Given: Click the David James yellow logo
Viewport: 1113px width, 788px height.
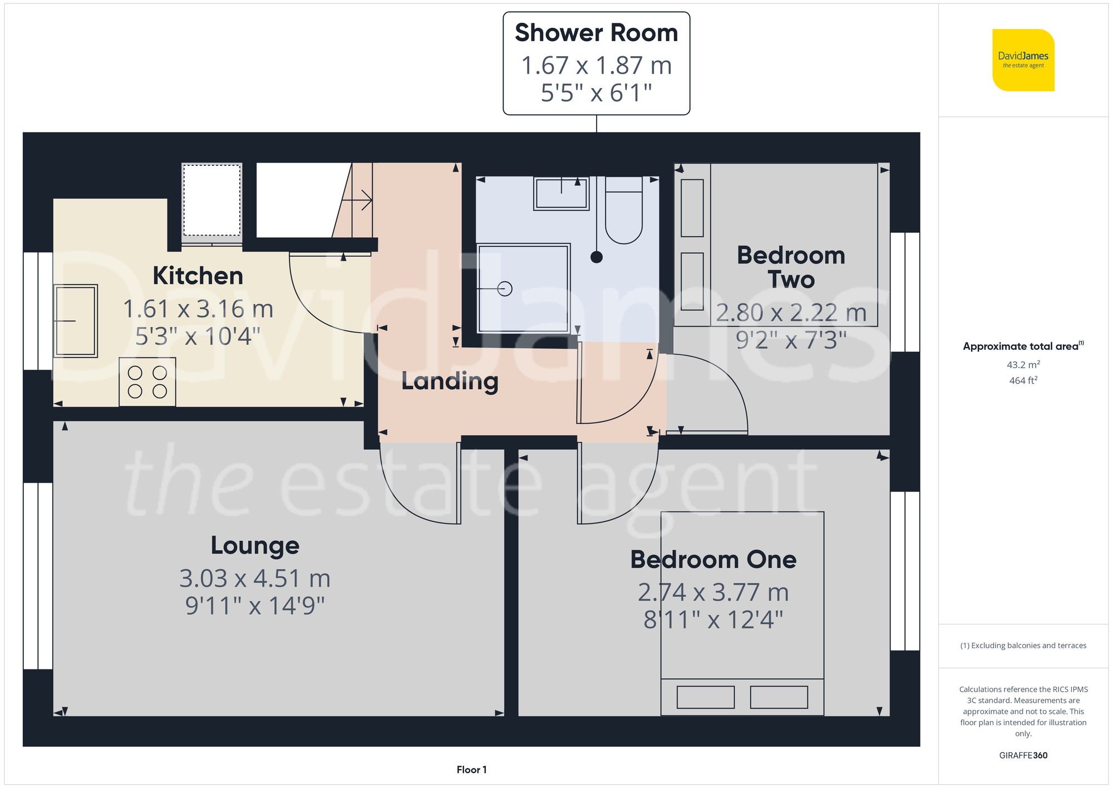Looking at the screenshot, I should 1023,60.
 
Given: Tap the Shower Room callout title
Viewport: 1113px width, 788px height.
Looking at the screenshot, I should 596,33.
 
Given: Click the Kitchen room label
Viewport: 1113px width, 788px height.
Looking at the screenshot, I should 198,276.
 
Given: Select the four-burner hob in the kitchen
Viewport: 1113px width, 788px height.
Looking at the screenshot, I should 147,381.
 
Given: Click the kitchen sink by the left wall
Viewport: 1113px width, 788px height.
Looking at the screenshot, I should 76,321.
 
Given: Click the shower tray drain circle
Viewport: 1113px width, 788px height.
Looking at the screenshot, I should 505,288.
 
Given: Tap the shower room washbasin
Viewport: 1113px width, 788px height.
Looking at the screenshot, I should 561,193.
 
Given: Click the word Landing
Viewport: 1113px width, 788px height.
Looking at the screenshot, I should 450,381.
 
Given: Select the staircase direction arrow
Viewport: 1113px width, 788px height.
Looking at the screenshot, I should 362,200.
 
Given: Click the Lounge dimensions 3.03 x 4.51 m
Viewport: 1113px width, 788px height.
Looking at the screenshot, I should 255,579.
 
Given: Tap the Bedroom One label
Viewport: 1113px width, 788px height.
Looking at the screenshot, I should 713,559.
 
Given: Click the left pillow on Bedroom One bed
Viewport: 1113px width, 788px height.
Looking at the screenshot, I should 705,697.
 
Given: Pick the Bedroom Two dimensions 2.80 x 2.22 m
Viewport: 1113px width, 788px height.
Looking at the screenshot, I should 791,312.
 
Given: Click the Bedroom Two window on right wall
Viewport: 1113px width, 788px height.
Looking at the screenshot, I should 904,292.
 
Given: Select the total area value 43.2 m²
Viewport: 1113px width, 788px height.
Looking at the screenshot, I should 1023,365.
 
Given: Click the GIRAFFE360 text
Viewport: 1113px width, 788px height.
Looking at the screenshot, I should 1023,755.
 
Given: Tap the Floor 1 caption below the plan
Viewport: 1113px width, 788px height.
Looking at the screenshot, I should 471,770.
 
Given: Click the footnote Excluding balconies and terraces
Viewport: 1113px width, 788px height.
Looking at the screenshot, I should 1023,645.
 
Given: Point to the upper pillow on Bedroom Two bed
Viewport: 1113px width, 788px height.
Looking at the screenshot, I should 692,208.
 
